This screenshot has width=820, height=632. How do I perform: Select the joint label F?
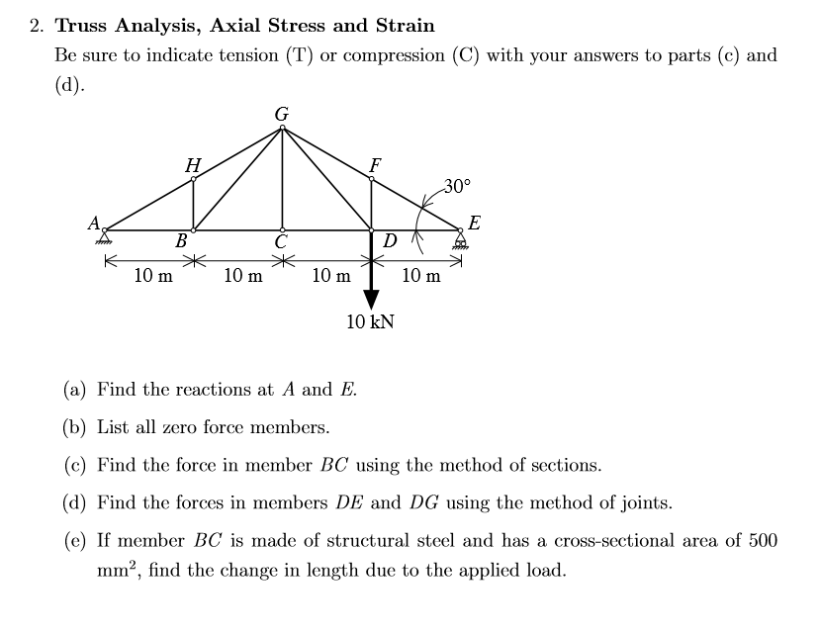tap(374, 164)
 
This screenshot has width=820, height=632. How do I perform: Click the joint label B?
tap(181, 240)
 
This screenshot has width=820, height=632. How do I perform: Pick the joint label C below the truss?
tap(282, 242)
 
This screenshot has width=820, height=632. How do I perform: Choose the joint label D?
tap(389, 240)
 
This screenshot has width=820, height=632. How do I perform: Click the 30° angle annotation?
tap(458, 185)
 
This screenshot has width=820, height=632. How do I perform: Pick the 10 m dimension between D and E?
tap(421, 276)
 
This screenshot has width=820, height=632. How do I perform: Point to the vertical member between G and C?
tap(282, 178)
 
